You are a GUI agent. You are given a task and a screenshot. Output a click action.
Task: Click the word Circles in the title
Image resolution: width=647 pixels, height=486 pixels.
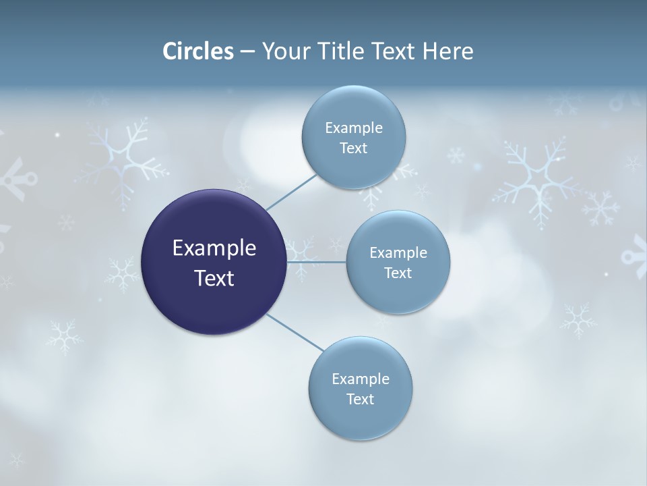(198, 51)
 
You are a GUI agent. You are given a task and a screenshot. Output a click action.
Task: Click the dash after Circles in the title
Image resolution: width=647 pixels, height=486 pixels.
(247, 52)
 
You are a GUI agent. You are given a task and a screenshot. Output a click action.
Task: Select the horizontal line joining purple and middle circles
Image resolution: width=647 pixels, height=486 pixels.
(316, 262)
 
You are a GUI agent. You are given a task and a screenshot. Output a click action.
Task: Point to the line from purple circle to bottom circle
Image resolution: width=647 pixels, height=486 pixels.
(295, 333)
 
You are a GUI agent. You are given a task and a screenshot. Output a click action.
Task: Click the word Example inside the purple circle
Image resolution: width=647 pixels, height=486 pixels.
(214, 248)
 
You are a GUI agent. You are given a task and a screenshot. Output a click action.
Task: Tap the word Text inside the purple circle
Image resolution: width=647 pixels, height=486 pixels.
(214, 278)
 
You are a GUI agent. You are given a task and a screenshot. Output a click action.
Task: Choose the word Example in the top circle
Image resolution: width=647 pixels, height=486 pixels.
(354, 128)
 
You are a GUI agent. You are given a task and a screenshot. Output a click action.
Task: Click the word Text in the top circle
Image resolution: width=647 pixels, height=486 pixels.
(353, 148)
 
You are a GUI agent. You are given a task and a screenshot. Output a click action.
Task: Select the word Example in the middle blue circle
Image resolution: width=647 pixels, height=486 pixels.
(398, 252)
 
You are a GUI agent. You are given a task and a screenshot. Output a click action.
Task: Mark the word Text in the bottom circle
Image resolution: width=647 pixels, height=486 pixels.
(360, 400)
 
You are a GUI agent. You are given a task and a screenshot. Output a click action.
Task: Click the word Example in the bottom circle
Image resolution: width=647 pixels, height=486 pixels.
(361, 379)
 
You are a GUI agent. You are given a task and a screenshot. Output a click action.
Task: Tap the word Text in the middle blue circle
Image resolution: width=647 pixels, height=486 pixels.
(398, 273)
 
